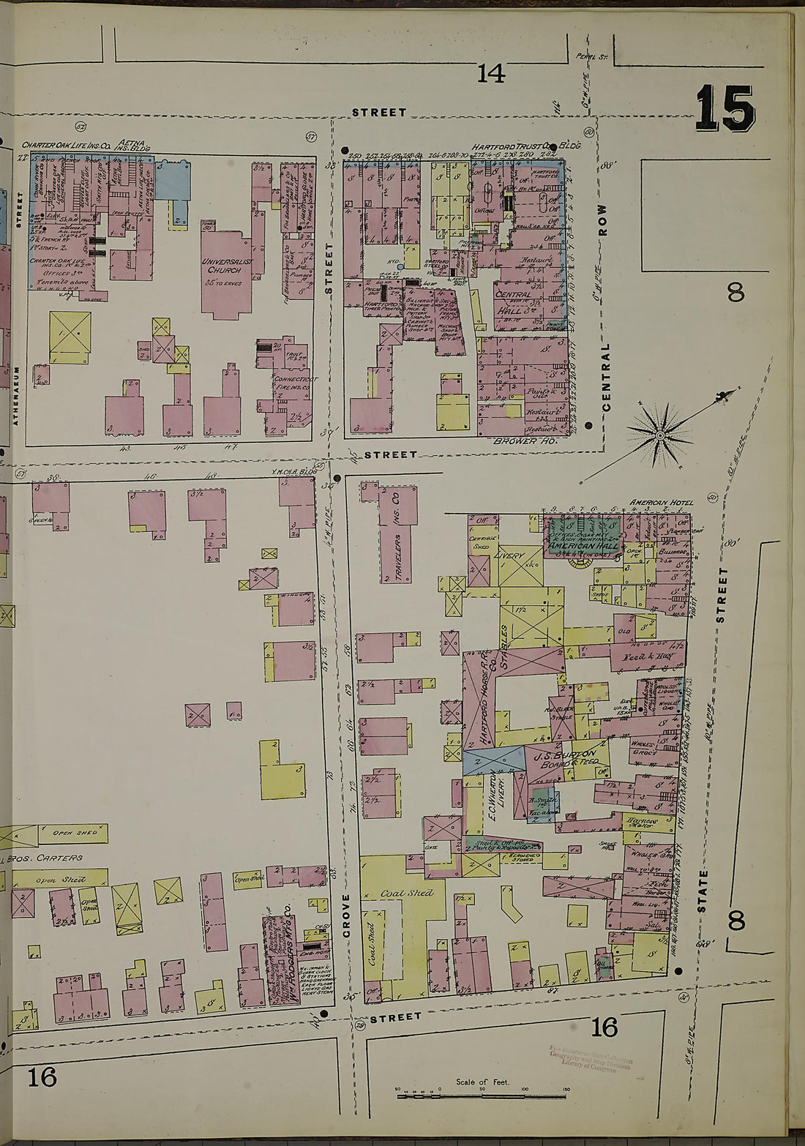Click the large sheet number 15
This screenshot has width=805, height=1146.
pyautogui.click(x=724, y=108)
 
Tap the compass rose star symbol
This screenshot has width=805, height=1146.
pyautogui.click(x=660, y=436)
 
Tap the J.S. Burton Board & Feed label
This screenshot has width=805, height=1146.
pyautogui.click(x=571, y=759)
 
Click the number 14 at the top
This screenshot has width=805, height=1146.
pyautogui.click(x=491, y=73)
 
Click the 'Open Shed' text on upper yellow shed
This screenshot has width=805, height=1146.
pyautogui.click(x=73, y=833)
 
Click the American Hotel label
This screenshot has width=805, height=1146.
pyautogui.click(x=659, y=503)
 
